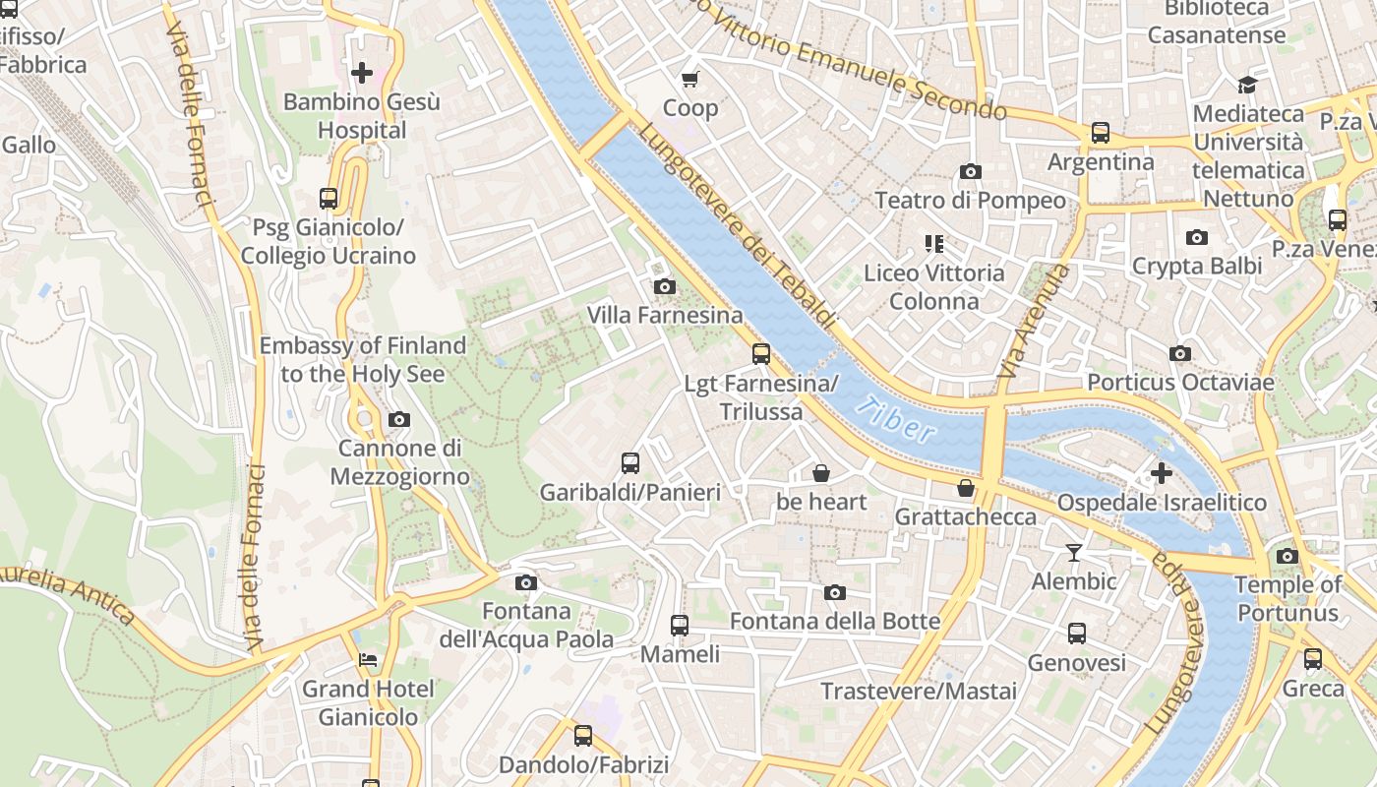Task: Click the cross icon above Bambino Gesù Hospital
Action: click(x=362, y=72)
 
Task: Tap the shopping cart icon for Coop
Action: click(x=690, y=79)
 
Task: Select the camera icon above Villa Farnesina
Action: click(x=665, y=286)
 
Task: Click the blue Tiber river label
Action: click(x=895, y=420)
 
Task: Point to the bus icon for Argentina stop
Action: click(x=1101, y=132)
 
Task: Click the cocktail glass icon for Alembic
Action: click(x=1074, y=553)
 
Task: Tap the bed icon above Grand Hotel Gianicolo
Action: click(x=368, y=659)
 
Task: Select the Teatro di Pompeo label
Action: click(x=970, y=201)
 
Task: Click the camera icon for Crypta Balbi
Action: click(x=1197, y=237)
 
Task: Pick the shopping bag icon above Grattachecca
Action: click(x=966, y=488)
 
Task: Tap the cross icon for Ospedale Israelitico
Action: click(x=1162, y=473)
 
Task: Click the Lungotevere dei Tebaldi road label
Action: click(x=738, y=226)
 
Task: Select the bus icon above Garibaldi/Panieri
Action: click(x=630, y=462)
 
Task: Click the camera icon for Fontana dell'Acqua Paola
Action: click(x=526, y=582)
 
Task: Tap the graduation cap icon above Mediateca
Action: click(x=1248, y=85)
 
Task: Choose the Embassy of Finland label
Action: click(x=362, y=360)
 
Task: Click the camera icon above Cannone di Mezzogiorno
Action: click(x=398, y=419)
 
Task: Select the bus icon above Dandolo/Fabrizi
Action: click(x=583, y=735)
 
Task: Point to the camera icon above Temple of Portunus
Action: click(x=1287, y=556)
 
